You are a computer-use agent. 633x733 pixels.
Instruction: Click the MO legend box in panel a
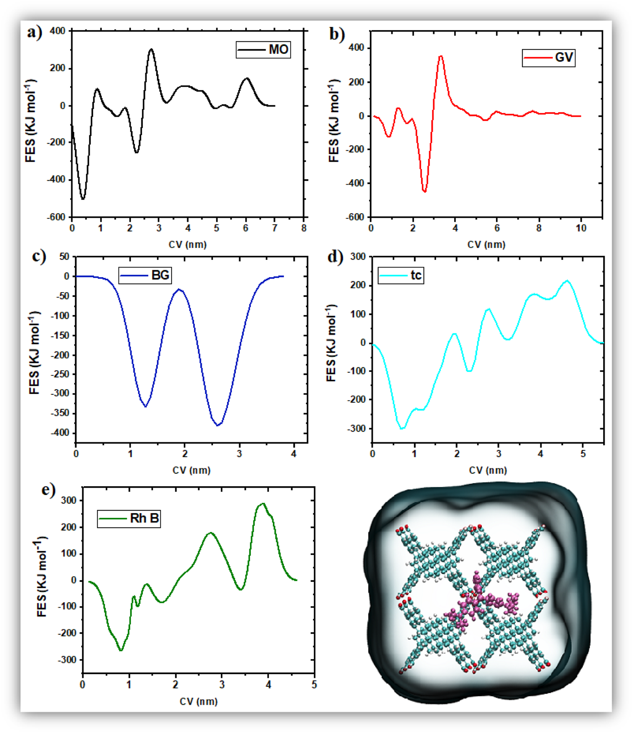[263, 49]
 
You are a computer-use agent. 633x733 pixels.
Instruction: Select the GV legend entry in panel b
[548, 58]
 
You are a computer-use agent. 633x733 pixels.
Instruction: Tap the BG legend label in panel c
[145, 275]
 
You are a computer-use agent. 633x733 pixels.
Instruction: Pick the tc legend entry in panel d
[401, 275]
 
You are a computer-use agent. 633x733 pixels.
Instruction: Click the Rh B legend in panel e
[129, 519]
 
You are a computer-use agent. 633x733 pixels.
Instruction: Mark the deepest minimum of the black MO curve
[83, 199]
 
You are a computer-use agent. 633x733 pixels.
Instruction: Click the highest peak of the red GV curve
[441, 56]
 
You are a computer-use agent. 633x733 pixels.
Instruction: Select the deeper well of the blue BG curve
[218, 425]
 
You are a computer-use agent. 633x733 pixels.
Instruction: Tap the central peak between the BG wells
[179, 289]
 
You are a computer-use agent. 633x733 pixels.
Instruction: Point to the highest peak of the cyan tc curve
[567, 281]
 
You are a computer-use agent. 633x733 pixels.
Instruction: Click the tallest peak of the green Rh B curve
[263, 503]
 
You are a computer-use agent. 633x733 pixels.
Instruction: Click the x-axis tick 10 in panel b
[581, 228]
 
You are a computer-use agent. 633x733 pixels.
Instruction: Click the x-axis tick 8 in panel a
[304, 228]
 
